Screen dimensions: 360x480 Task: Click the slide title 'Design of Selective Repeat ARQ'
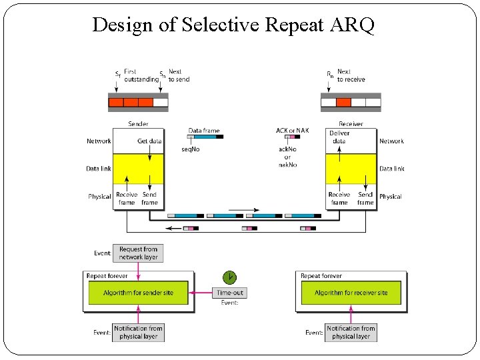[233, 25]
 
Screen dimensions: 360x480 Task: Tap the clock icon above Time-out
[229, 277]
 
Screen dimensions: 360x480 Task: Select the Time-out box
[231, 292]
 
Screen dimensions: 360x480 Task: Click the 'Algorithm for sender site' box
[138, 293]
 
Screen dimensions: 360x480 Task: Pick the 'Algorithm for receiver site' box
[351, 293]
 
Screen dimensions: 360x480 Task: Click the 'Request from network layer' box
[138, 253]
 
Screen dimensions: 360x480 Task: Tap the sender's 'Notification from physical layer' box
[138, 332]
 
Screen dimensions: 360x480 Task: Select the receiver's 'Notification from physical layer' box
[351, 332]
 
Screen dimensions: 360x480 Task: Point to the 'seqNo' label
[191, 149]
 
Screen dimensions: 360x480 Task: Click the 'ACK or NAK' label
[292, 131]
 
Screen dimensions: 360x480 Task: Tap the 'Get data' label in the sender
[149, 141]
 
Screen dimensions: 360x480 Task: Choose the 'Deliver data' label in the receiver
[339, 137]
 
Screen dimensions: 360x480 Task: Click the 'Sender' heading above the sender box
[138, 124]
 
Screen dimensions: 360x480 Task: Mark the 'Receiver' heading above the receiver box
[351, 124]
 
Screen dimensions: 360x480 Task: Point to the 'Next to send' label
[179, 75]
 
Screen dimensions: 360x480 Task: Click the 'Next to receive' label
[351, 75]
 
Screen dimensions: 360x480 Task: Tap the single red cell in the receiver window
[343, 103]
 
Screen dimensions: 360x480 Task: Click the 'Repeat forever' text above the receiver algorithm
[321, 276]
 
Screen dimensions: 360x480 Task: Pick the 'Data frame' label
[204, 131]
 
